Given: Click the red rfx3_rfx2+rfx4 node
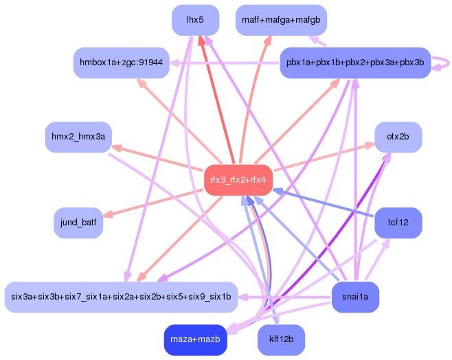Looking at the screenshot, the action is tap(238, 180).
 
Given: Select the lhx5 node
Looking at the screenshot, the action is tap(196, 20).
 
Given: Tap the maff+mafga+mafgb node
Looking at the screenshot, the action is tap(281, 20).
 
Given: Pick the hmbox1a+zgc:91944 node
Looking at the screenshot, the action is tap(121, 63).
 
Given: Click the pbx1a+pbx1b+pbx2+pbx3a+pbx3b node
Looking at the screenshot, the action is tap(355, 63).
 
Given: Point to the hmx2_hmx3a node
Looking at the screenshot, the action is tap(78, 137).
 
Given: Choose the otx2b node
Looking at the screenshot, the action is tap(398, 137).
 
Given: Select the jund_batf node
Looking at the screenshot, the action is tap(78, 223).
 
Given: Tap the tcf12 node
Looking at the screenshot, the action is tap(398, 223).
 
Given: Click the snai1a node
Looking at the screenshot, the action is tap(355, 297).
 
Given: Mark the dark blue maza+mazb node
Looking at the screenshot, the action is tap(196, 339).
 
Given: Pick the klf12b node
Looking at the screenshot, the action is tap(281, 339).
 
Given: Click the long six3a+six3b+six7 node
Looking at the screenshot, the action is tap(121, 297).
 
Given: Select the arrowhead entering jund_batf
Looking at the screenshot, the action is tap(108, 214).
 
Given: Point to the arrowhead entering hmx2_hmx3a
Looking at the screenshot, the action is tap(117, 148).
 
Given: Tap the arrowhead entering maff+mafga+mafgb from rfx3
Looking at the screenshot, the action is tap(268, 41).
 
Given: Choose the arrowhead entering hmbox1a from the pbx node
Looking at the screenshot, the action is tap(174, 63).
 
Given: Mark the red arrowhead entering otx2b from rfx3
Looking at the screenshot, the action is tap(370, 145).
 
